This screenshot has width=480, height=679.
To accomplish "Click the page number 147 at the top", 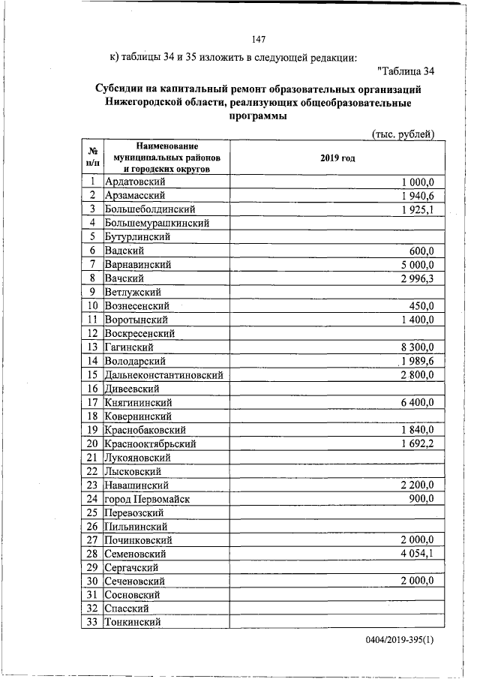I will click(259, 39).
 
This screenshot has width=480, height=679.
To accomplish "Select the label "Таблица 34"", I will click(407, 72).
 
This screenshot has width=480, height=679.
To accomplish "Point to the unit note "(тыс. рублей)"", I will click(403, 134).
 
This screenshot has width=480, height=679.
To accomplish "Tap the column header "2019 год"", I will click(337, 158).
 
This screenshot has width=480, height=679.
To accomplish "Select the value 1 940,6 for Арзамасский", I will click(424, 196).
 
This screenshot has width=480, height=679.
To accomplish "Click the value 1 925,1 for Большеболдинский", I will click(424, 209).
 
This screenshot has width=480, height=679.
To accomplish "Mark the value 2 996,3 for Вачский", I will click(424, 278).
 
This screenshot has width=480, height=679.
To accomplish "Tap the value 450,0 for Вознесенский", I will click(430, 305).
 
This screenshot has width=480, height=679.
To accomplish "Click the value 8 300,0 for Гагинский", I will click(424, 347).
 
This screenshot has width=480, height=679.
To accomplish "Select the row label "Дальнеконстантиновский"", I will click(164, 374).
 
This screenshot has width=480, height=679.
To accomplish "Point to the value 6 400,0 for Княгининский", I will click(424, 402).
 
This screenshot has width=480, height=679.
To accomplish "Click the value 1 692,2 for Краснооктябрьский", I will click(424, 443).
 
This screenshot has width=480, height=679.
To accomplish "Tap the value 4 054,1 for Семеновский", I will click(424, 554).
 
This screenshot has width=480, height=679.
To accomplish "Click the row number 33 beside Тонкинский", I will click(91, 622).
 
